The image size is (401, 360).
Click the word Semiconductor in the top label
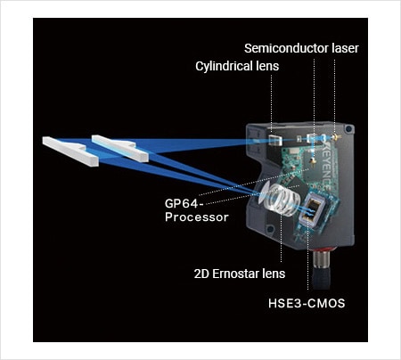tap(286, 48)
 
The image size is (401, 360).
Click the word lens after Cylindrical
tap(264, 66)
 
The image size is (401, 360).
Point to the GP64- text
tap(184, 204)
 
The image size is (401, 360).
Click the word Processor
tap(197, 217)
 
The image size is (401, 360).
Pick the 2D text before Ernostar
tap(201, 274)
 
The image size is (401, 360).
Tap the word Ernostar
tap(235, 274)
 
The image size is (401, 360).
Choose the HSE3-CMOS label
tap(307, 304)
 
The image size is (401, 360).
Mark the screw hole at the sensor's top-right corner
tap(348, 129)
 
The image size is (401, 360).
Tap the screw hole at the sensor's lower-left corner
tap(270, 229)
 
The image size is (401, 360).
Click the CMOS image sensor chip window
tap(314, 209)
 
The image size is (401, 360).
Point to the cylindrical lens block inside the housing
tap(274, 140)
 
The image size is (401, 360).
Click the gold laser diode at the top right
tap(336, 137)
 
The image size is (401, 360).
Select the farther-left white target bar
tap(70, 151)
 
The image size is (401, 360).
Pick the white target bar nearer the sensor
tap(120, 149)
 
